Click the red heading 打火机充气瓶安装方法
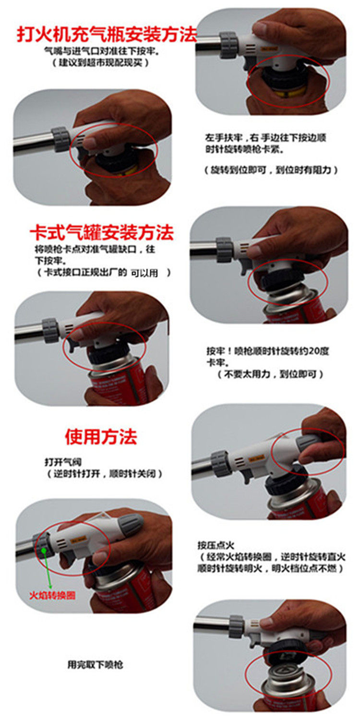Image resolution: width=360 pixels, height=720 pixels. click(x=107, y=35)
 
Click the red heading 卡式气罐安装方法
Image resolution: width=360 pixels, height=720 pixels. click(x=102, y=232)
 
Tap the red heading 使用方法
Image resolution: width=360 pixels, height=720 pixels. click(x=101, y=436)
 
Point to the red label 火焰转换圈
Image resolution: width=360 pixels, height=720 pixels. click(x=52, y=595)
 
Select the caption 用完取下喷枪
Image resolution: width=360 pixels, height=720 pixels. click(x=95, y=664)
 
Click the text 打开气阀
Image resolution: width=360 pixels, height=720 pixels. click(x=63, y=462)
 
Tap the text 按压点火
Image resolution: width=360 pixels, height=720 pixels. click(x=216, y=545)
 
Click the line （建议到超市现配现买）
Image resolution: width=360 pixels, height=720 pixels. click(x=100, y=62)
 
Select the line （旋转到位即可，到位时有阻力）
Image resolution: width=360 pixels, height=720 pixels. click(x=271, y=170)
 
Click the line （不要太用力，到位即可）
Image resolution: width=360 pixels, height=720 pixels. click(x=270, y=374)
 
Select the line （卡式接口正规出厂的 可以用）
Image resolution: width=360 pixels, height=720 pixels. click(x=104, y=273)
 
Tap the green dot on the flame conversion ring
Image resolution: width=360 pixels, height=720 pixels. click(x=44, y=551)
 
